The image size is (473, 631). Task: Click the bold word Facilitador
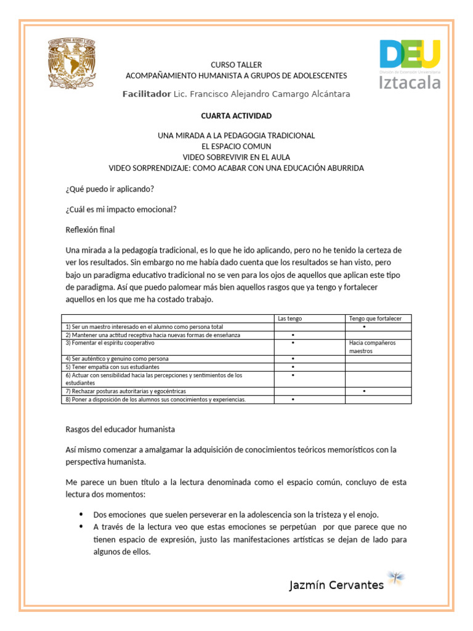(x=146, y=94)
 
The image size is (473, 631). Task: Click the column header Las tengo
(x=290, y=319)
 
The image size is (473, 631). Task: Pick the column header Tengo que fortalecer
(x=375, y=319)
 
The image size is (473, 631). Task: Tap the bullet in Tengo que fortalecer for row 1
(x=365, y=327)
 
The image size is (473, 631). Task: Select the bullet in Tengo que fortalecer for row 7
(x=365, y=391)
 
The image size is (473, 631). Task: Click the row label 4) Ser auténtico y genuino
(x=117, y=359)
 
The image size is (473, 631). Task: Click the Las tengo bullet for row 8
(x=292, y=399)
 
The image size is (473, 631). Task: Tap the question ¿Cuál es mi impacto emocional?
(x=121, y=210)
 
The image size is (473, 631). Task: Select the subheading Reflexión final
(x=90, y=230)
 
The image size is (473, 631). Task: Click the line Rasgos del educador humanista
(x=120, y=429)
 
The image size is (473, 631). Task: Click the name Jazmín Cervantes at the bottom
(x=336, y=585)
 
